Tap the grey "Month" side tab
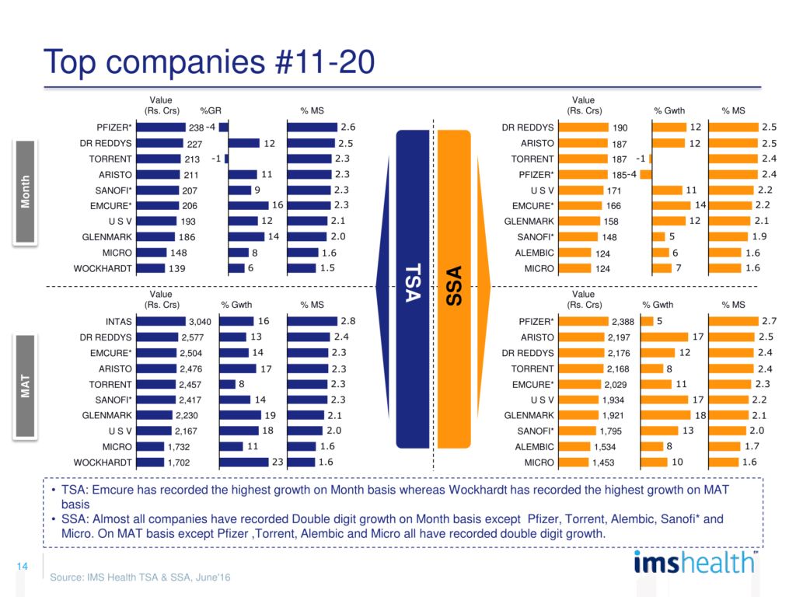[x=26, y=190]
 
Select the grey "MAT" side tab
[x=26, y=386]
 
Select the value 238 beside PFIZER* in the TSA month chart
[x=196, y=127]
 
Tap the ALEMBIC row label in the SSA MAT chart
[x=536, y=447]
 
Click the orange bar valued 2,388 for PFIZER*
[x=584, y=321]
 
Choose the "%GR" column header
[x=211, y=111]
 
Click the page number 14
[x=22, y=568]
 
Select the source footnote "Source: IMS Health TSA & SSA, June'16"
[x=140, y=578]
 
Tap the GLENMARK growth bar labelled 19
[x=241, y=416]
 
